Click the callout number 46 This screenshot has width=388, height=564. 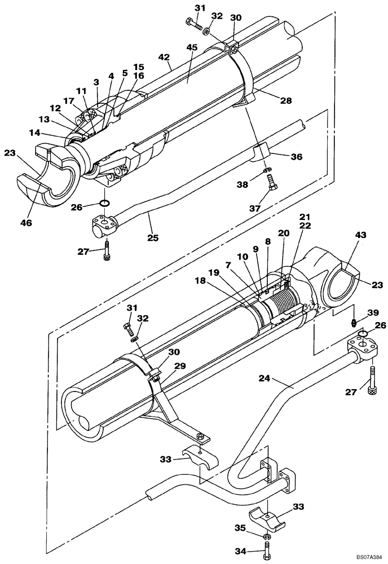click(x=25, y=223)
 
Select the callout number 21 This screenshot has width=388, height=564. click(x=305, y=217)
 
